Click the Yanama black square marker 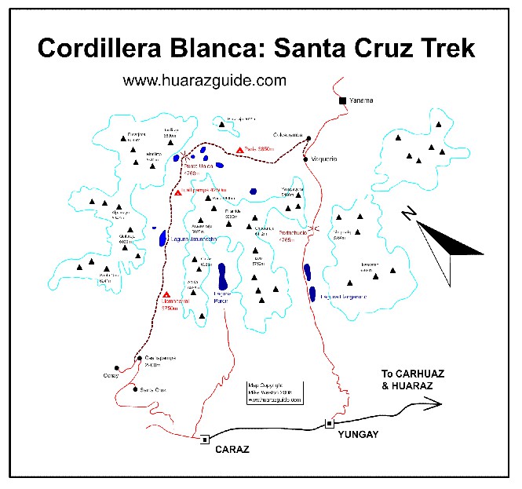coord(342,100)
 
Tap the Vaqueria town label coord(322,159)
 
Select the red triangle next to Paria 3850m coord(239,150)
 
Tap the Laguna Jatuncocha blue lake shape coord(163,238)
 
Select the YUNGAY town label coord(353,432)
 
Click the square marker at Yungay coord(329,424)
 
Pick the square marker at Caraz coord(205,440)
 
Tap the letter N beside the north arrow coord(407,213)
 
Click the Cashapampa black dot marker coord(139,359)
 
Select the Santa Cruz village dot coord(135,389)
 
